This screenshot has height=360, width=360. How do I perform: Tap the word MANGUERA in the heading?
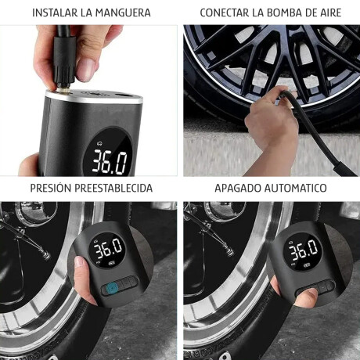[x=123, y=13]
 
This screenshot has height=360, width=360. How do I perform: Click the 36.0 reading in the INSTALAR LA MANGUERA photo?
[x=110, y=160]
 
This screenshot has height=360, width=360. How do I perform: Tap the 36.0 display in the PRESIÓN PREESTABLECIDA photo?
[x=107, y=249]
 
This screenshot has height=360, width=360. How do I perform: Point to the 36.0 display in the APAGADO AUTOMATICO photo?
[x=303, y=252]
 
